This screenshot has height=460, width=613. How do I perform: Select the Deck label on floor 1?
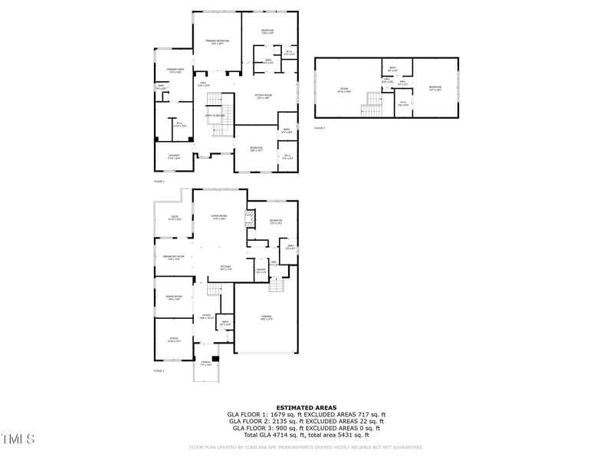tap(175, 217)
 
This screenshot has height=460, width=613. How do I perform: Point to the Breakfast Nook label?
tap(174, 258)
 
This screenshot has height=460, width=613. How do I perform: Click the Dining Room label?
tap(174, 297)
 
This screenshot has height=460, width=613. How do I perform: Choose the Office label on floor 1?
tap(174, 340)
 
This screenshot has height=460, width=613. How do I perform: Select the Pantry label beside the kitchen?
tap(261, 271)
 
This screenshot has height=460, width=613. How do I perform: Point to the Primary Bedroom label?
tap(218, 42)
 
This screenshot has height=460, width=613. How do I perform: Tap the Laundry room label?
tap(174, 156)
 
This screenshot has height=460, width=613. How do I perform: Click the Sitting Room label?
tap(264, 97)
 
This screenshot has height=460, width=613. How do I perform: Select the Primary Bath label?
tap(174, 71)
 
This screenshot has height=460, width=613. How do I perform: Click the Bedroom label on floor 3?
tap(435, 88)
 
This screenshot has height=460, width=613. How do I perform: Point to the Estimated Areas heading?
tap(306, 408)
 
